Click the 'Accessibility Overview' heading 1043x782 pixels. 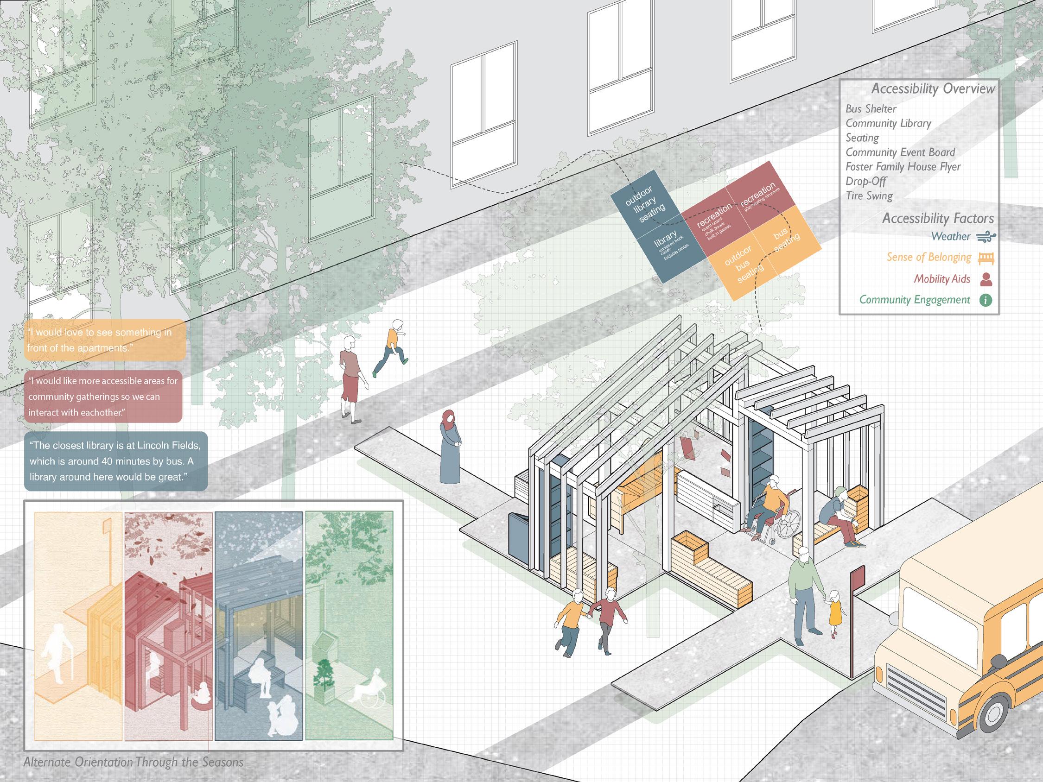933,88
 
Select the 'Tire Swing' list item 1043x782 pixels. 869,195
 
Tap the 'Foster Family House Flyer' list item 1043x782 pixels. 903,167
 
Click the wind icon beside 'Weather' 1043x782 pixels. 986,237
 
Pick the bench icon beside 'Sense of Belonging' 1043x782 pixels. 986,258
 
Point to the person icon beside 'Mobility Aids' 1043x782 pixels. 986,279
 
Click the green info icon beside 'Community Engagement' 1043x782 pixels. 986,300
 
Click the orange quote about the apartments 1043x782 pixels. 104,340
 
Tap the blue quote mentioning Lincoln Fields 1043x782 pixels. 115,461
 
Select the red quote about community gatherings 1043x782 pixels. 103,397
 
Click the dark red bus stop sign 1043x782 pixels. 856,576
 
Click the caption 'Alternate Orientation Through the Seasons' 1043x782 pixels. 134,762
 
